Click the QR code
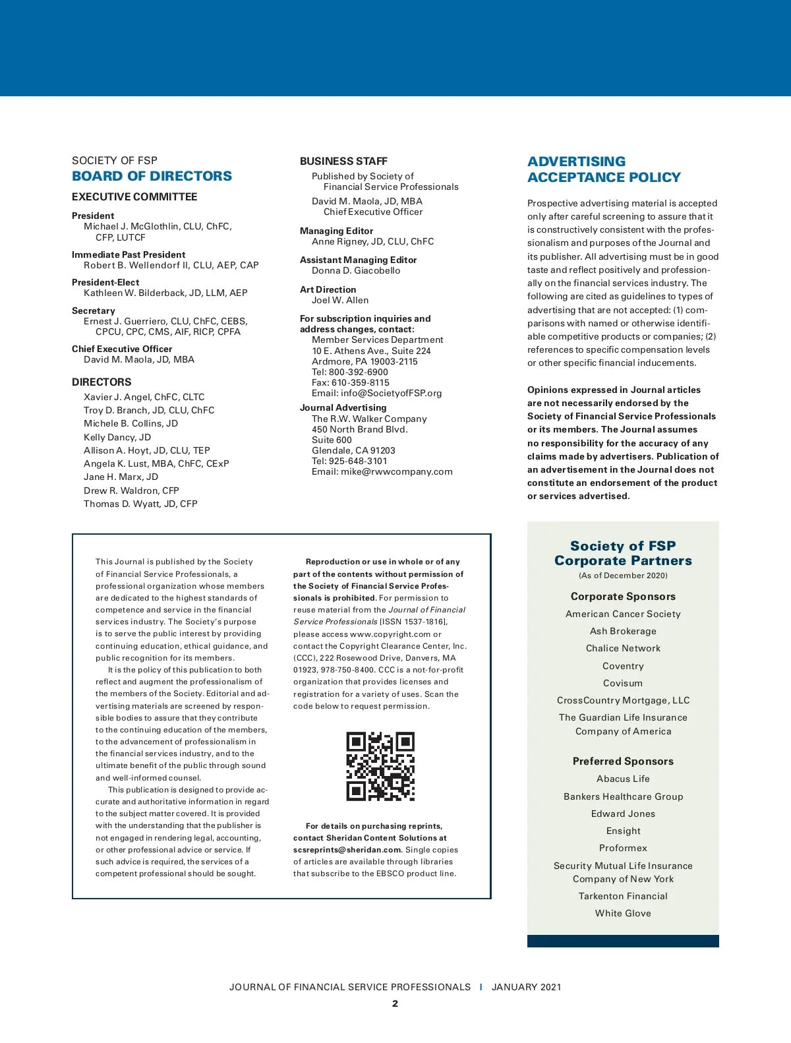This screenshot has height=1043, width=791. (x=380, y=766)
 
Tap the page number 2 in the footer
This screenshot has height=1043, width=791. (x=395, y=1003)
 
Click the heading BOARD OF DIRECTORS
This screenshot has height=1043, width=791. (x=152, y=176)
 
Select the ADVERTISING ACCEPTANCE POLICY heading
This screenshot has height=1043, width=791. (x=604, y=169)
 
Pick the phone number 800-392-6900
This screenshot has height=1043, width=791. (x=359, y=372)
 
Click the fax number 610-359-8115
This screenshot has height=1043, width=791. (x=361, y=382)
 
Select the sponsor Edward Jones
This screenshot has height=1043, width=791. (x=623, y=814)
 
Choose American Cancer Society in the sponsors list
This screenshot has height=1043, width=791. (x=623, y=614)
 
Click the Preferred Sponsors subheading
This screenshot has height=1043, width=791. (x=623, y=761)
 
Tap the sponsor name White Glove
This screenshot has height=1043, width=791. (x=623, y=913)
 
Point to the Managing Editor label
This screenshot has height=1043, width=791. (x=336, y=231)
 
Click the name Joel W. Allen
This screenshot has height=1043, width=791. (x=340, y=300)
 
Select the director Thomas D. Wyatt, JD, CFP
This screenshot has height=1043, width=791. (x=140, y=504)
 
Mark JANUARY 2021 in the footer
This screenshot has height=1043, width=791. (x=526, y=987)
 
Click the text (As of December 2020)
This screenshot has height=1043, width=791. (x=623, y=576)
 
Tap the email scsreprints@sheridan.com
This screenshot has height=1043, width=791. (x=347, y=850)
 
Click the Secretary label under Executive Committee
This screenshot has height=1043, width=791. (x=94, y=311)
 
